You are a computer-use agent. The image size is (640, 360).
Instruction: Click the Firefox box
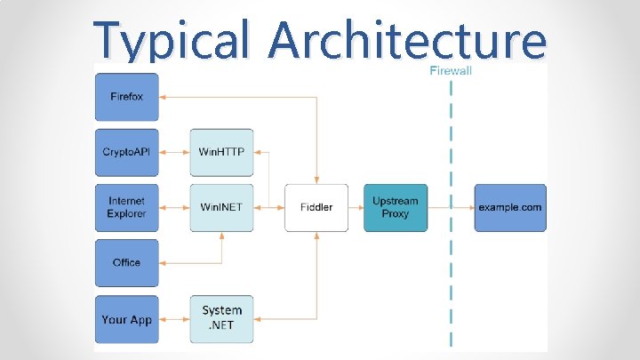126,96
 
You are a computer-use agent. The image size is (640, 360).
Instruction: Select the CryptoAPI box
126,152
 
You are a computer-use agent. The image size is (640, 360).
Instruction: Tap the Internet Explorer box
126,207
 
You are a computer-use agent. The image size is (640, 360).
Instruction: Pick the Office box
126,263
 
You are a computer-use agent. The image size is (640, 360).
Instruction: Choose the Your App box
126,319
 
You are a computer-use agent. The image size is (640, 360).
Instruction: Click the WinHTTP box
221,152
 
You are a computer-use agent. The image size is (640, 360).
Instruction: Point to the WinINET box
221,207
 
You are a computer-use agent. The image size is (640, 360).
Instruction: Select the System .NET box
221,319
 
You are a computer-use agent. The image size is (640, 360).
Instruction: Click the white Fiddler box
316,207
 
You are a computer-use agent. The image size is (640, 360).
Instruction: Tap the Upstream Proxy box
395,207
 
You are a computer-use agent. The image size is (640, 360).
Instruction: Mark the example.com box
509,207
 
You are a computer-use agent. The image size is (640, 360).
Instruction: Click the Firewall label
451,71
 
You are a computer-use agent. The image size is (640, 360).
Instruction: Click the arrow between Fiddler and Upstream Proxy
356,207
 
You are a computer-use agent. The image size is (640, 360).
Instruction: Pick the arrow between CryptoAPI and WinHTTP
174,152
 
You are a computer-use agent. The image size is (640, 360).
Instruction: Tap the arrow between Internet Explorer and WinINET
174,207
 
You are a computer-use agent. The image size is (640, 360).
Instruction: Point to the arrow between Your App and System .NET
174,319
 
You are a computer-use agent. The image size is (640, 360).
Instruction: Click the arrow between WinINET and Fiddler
268,207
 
